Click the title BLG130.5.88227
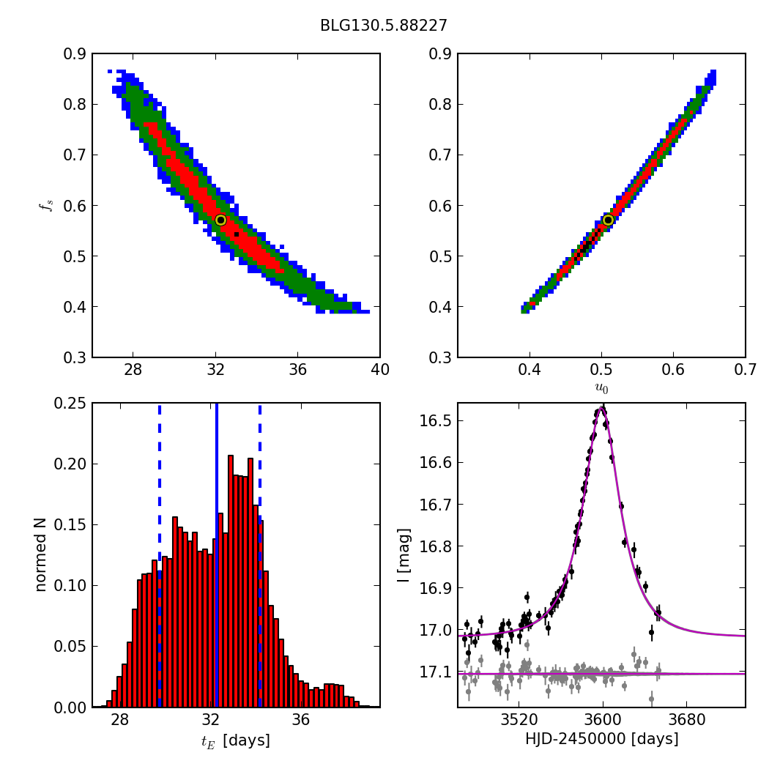383,26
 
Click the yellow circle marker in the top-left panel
220,220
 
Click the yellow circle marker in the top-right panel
608,220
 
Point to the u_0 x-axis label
601,388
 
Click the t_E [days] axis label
235,740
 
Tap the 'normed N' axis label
41,555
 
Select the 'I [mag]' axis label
403,555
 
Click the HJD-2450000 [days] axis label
601,739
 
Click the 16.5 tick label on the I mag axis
436,421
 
